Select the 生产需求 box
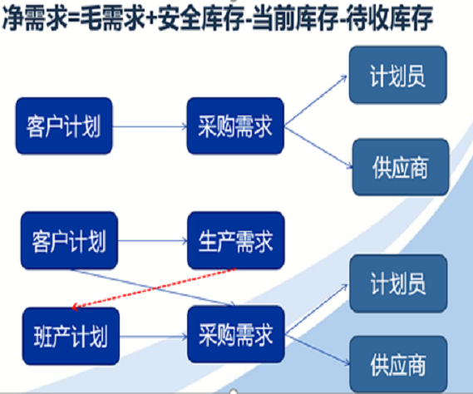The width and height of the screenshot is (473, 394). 236,240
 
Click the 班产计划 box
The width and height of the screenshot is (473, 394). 71,336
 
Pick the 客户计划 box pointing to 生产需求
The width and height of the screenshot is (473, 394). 69,240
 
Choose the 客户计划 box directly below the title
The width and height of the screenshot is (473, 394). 64,126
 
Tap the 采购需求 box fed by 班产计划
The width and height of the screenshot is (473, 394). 236,334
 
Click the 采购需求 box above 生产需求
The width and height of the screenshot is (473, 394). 235,126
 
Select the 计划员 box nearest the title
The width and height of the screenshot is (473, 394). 398,75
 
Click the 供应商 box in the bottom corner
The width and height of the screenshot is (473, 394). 398,364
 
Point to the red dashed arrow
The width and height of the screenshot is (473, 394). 153,288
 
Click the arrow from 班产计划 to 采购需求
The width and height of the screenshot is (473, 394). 154,337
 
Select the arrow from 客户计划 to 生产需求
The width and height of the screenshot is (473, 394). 153,241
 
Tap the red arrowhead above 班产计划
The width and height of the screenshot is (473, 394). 75,308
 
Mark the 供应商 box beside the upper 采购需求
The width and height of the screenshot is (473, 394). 401,167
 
